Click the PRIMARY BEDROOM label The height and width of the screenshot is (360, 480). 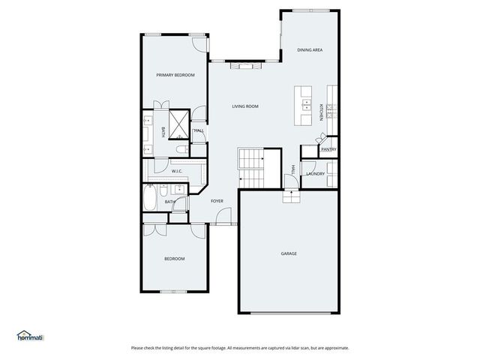point(175,75)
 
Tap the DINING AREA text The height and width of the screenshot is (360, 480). point(310,49)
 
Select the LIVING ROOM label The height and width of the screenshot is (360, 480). point(245,106)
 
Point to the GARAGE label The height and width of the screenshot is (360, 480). point(289,253)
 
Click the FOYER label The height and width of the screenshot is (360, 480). point(217,201)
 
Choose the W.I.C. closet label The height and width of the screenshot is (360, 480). point(177,172)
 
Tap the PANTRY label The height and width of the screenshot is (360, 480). point(328,149)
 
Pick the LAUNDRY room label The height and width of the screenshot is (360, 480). point(315,174)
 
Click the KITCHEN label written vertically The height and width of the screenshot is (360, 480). point(321,112)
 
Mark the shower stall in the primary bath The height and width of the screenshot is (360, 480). point(179,125)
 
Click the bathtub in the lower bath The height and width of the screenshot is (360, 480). point(150,200)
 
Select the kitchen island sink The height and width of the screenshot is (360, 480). point(305,108)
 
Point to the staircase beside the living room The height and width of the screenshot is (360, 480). point(252,166)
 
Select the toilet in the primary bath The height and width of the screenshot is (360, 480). point(178,151)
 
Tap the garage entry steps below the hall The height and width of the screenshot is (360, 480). point(290,196)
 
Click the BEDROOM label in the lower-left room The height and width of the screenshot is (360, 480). point(175,259)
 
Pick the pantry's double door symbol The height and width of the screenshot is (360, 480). point(321,139)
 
